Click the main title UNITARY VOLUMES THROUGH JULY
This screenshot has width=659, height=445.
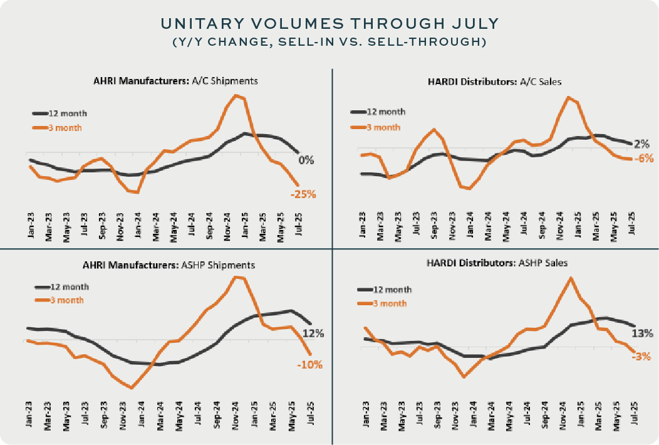pyautogui.click(x=329, y=24)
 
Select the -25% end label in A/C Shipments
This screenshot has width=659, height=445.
pyautogui.click(x=303, y=194)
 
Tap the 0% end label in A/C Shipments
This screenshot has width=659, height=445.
pyautogui.click(x=306, y=160)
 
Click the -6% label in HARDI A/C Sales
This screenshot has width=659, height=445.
pyautogui.click(x=643, y=159)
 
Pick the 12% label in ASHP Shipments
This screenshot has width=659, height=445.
pyautogui.click(x=313, y=333)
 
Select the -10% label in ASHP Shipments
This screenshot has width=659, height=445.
pyautogui.click(x=310, y=364)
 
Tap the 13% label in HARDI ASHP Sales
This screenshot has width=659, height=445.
pyautogui.click(x=642, y=333)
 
